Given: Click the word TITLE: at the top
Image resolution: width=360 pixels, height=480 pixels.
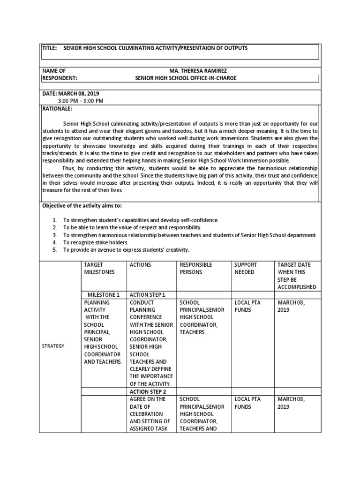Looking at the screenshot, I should (51, 48).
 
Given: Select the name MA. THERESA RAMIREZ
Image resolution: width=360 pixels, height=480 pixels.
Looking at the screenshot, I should (185, 70).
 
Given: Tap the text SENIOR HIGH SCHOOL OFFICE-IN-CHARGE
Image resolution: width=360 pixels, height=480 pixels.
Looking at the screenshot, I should (185, 78).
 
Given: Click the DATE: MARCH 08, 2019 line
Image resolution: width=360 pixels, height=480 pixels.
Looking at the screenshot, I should (71, 93).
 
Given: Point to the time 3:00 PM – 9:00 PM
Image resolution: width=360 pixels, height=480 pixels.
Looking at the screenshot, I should (81, 101).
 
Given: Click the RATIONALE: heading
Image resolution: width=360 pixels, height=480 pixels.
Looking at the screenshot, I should (57, 108).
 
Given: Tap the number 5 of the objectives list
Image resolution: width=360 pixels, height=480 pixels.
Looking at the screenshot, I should (54, 250).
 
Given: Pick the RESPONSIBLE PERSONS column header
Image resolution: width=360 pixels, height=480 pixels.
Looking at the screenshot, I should (196, 268).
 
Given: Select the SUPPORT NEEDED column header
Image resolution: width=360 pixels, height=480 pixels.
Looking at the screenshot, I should (244, 268).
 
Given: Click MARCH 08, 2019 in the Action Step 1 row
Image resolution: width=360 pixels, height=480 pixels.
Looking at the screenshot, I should (291, 306).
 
